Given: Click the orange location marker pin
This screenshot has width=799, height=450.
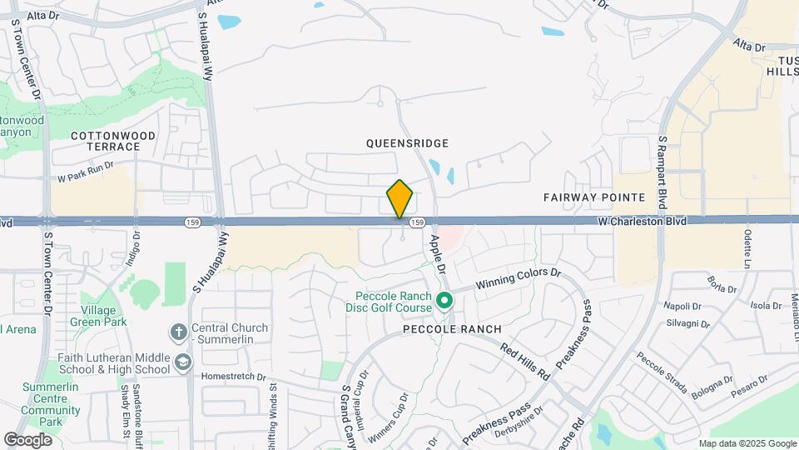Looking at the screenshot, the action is click(x=400, y=199).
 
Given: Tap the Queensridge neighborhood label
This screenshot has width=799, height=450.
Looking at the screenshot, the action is click(x=408, y=143).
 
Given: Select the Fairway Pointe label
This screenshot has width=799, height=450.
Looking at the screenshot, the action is click(x=594, y=197).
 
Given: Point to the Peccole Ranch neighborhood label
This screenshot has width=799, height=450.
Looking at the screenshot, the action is click(x=452, y=329).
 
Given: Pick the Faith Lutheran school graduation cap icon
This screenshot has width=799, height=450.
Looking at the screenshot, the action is click(x=182, y=363).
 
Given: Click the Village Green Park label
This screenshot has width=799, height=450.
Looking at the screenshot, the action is click(x=105, y=316).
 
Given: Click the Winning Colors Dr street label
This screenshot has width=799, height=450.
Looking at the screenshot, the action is click(x=519, y=279).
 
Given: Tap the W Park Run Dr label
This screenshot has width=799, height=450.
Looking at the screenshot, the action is click(x=85, y=178).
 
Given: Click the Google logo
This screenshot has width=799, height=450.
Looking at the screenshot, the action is click(x=28, y=439).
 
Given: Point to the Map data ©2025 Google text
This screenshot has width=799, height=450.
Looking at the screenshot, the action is click(x=747, y=443).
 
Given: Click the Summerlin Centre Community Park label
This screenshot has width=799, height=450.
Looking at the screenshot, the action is click(x=51, y=404).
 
